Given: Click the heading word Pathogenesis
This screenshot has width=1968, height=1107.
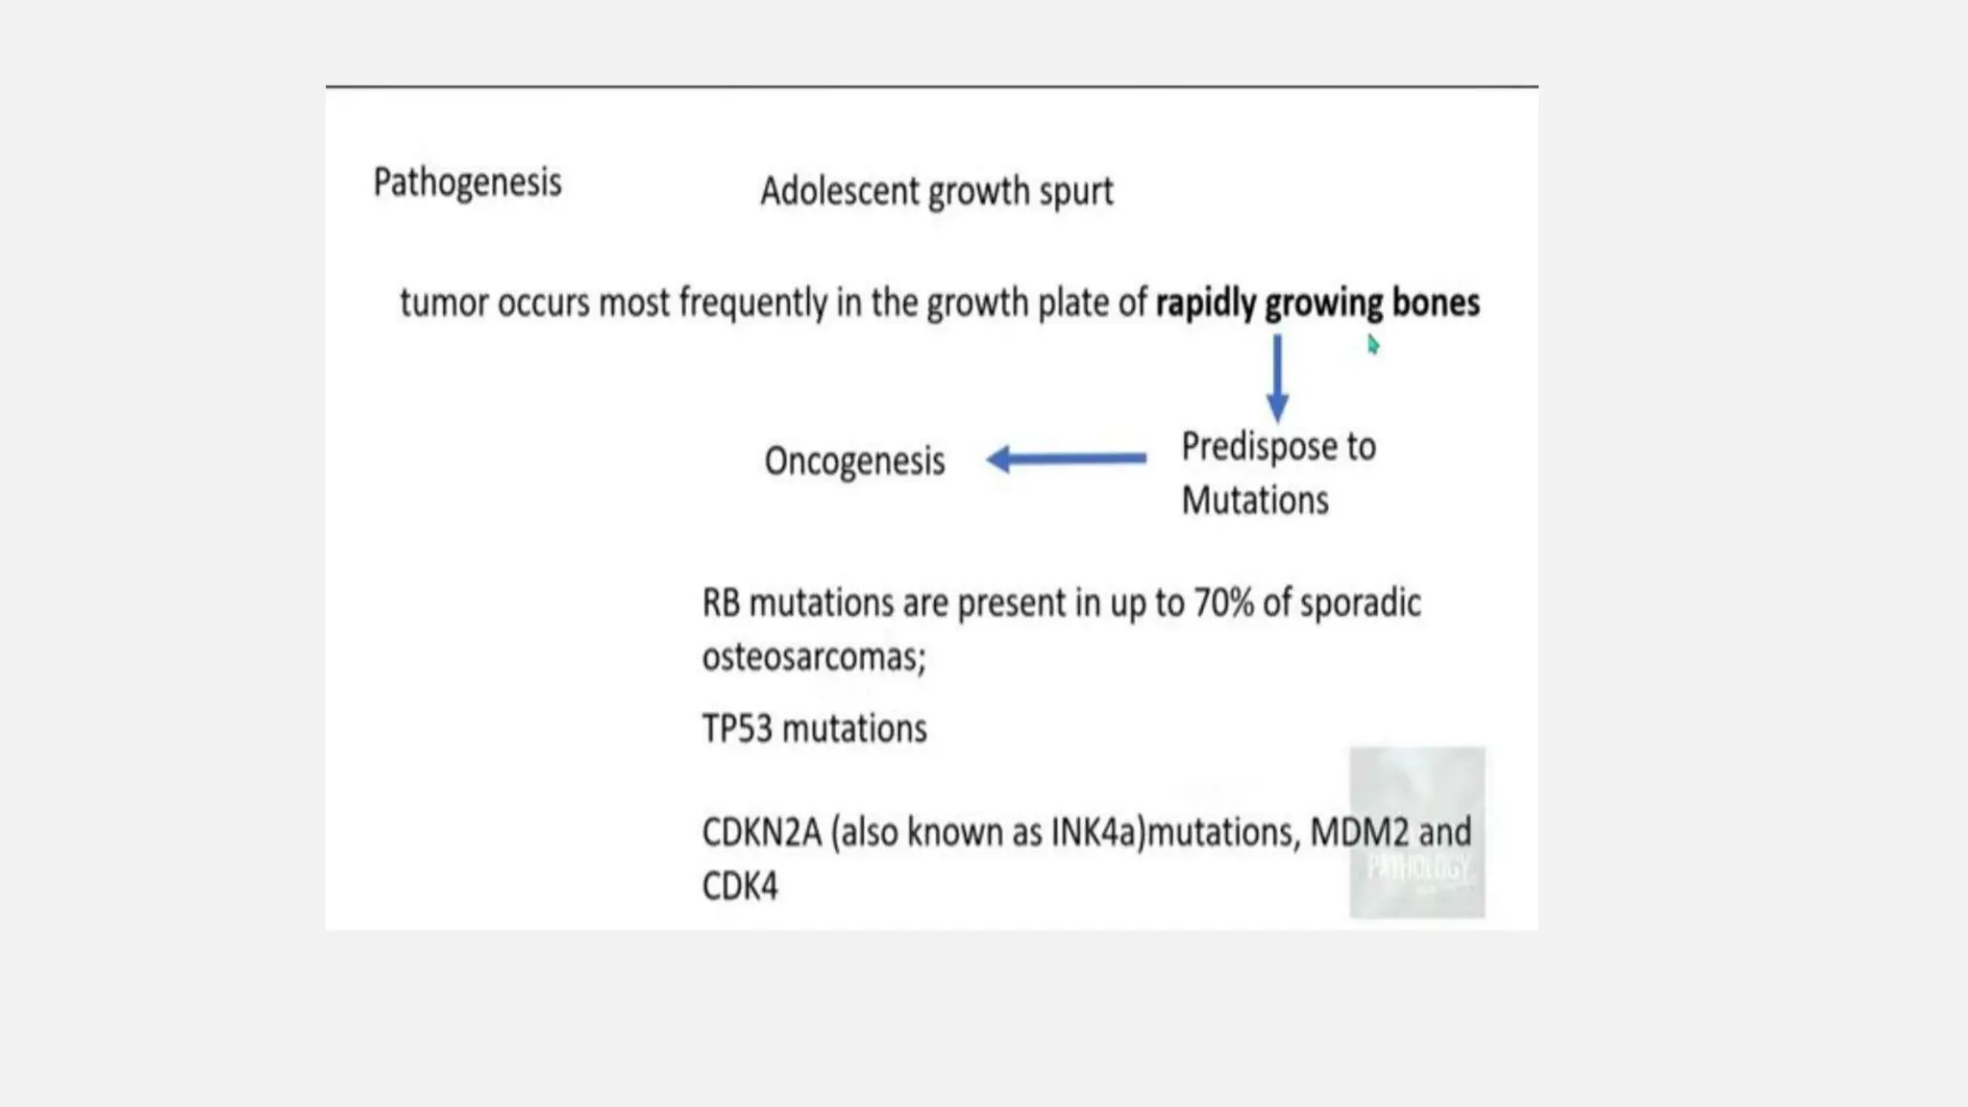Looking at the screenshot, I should [x=467, y=183].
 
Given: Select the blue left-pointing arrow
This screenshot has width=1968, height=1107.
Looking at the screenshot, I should [x=1066, y=458].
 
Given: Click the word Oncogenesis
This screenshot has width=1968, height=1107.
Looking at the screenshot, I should [x=854, y=461].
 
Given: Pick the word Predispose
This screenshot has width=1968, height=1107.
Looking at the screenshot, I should [x=1245, y=447].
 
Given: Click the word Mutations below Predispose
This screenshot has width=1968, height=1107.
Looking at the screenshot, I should [x=1254, y=501].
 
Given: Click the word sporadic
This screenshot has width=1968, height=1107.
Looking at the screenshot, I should [x=1360, y=603].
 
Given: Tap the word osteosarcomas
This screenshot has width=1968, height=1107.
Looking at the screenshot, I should [x=812, y=657].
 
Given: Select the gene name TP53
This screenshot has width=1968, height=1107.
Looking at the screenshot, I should [x=737, y=728].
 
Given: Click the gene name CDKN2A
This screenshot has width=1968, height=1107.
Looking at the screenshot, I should [x=761, y=832].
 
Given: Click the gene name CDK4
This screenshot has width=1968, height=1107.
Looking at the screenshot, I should [x=739, y=886].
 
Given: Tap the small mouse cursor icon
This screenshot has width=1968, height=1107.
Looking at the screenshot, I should [x=1373, y=345].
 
